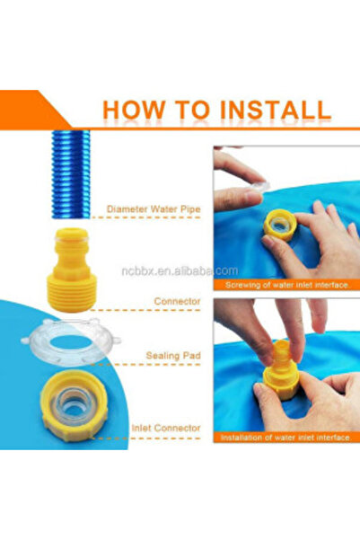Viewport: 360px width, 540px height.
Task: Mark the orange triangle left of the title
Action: click(x=49, y=110)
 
